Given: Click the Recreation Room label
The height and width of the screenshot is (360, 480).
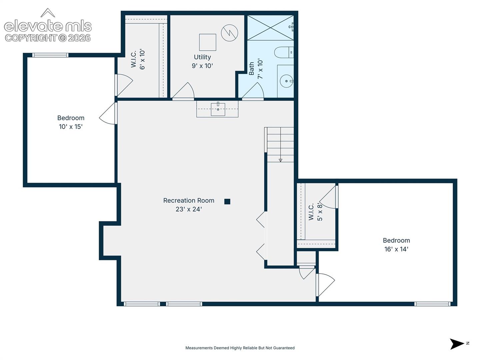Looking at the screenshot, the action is pos(189,200).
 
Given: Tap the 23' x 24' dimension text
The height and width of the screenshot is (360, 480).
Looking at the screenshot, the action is pos(189,209).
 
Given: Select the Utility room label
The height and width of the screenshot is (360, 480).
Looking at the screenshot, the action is pos(202,57).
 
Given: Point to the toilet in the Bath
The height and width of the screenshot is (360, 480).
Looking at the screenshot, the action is pos(284,52).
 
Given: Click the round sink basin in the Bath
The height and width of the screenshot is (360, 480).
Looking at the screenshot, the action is pos(286,81).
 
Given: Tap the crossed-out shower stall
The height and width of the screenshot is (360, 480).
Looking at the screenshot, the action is pos(271,28).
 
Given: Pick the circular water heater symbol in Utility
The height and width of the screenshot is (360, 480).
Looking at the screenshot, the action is pos(229,33).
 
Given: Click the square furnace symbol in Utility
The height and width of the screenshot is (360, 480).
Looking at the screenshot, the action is pos(208,42).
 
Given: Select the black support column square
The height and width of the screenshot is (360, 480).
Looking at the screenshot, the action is pos(227,202).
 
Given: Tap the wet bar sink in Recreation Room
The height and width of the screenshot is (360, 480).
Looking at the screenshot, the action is pos(218,109).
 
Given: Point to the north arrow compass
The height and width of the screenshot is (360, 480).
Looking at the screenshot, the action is pos(457,344).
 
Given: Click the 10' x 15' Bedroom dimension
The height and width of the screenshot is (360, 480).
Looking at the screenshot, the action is pos(71,127).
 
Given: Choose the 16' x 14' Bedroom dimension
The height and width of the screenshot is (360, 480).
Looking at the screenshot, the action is pos(396,249).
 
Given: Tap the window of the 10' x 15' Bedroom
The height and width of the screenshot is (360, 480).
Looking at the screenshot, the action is pos(50,55).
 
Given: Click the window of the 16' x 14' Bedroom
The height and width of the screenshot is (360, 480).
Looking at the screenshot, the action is pos(432,304).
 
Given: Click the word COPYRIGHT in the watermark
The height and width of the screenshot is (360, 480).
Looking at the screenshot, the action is pos(31,38).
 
